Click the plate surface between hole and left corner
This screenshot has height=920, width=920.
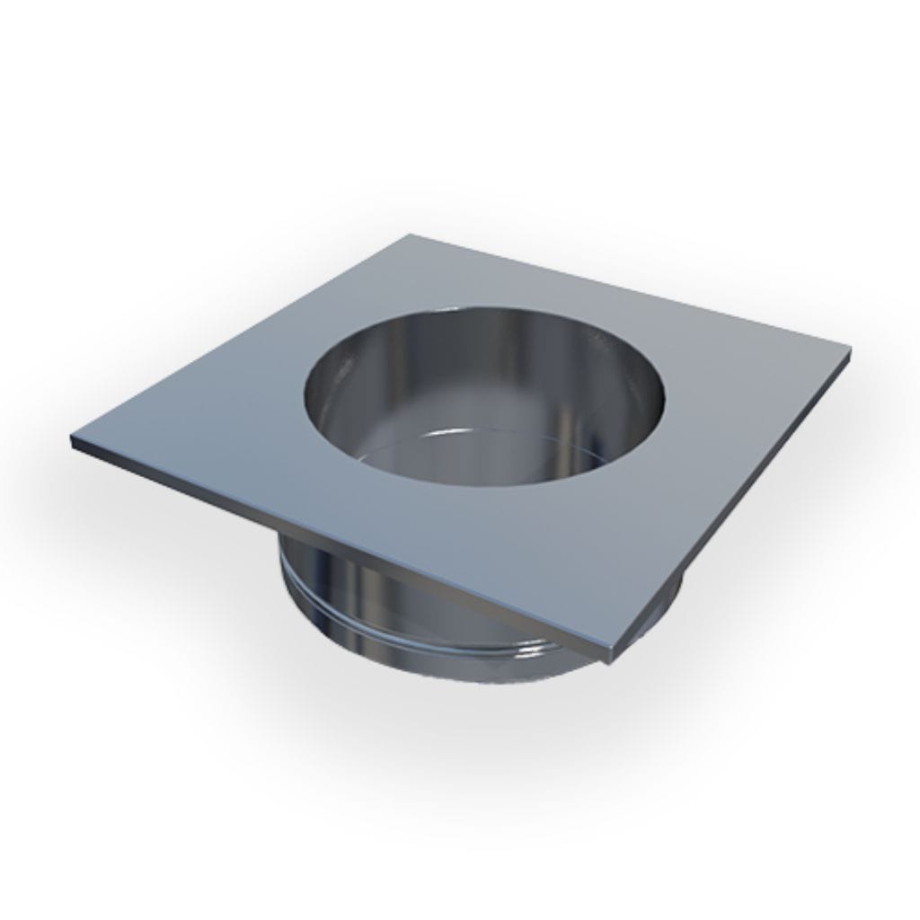(207, 431)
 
